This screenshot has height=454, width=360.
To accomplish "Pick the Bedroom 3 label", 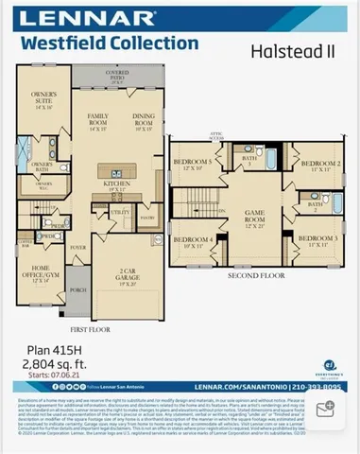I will (320, 240).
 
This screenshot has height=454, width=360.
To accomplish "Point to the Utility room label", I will (120, 213).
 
